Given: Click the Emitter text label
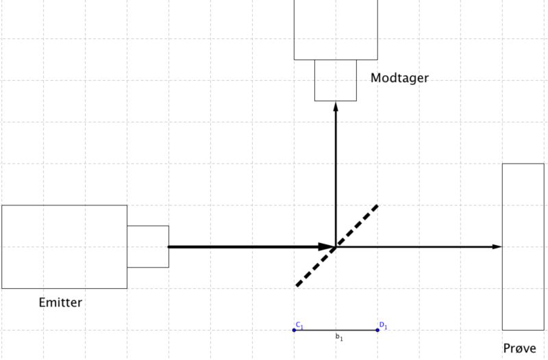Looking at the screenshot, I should coord(60,302).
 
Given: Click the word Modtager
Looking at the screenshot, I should coord(399,78).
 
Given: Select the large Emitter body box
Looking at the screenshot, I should coord(64,246).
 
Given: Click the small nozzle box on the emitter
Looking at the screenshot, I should coord(148,246).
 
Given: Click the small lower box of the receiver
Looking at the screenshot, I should coord(336,80).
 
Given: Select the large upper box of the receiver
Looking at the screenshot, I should coord(336,29).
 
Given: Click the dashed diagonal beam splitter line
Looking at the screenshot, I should coord(356,225).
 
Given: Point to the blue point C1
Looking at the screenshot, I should coord(295,331).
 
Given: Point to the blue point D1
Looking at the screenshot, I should coord(377,331).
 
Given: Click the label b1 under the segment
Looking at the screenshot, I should coord(338,337).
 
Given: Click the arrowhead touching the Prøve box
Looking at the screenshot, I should coord(497,246).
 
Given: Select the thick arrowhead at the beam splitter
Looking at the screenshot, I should coord(327,246).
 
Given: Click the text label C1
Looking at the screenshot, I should coord(299,324).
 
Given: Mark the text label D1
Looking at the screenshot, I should coord(383,325).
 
